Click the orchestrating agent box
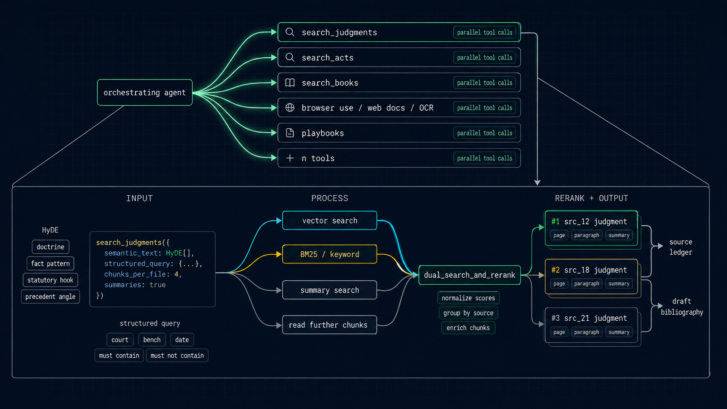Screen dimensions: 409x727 144,93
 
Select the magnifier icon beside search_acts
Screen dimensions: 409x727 290,57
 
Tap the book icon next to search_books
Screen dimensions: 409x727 290,83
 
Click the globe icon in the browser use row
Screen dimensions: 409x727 290,108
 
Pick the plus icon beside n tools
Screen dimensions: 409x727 290,158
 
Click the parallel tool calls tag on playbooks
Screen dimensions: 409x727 484,133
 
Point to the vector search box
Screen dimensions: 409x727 330,220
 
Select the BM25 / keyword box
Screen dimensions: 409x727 330,254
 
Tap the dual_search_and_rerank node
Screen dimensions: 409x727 469,275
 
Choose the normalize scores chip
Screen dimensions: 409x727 468,298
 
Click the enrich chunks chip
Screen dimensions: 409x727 468,328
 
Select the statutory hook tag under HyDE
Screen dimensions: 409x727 50,280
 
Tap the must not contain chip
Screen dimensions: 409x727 177,356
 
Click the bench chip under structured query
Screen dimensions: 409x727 152,339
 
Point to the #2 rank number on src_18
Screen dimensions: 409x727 555,270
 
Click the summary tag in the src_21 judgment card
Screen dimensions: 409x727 619,332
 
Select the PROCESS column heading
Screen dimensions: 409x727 330,198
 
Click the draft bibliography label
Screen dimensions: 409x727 681,306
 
